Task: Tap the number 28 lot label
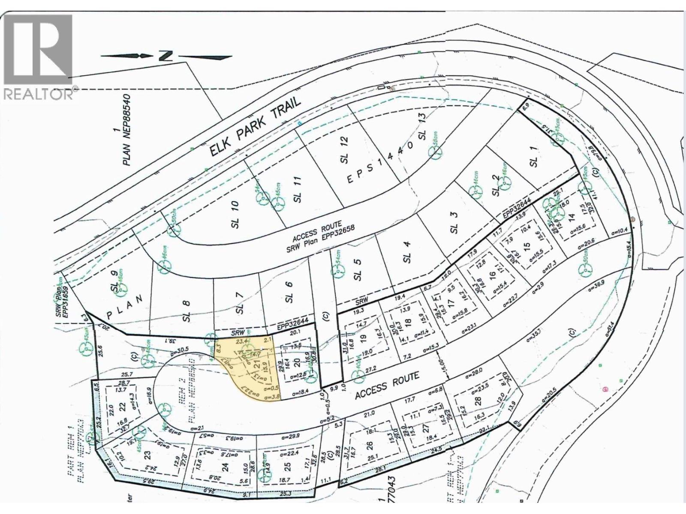tap(478, 400)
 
